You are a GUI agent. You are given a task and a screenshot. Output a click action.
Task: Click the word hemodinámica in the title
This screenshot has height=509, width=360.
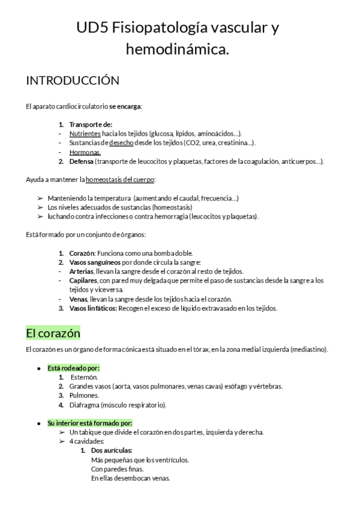point(178,50)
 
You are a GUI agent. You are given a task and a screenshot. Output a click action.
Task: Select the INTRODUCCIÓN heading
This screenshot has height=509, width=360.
point(73,80)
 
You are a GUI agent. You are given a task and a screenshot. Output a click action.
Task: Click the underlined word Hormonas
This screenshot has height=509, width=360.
point(85,152)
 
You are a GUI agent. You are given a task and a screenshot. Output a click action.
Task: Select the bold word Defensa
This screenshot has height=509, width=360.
point(81,161)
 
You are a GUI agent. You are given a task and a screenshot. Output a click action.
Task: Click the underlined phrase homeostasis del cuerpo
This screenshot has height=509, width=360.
point(121,179)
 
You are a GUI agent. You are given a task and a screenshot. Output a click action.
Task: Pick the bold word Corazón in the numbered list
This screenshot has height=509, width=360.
point(82,253)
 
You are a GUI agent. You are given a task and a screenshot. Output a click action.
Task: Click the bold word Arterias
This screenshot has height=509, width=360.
point(81,271)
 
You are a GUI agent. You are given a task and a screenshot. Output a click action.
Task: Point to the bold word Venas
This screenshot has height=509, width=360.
point(78,299)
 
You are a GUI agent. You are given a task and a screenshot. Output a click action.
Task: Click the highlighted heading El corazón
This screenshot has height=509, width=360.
point(53,332)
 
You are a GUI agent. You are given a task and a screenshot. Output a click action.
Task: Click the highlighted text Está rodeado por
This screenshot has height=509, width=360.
point(73,367)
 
